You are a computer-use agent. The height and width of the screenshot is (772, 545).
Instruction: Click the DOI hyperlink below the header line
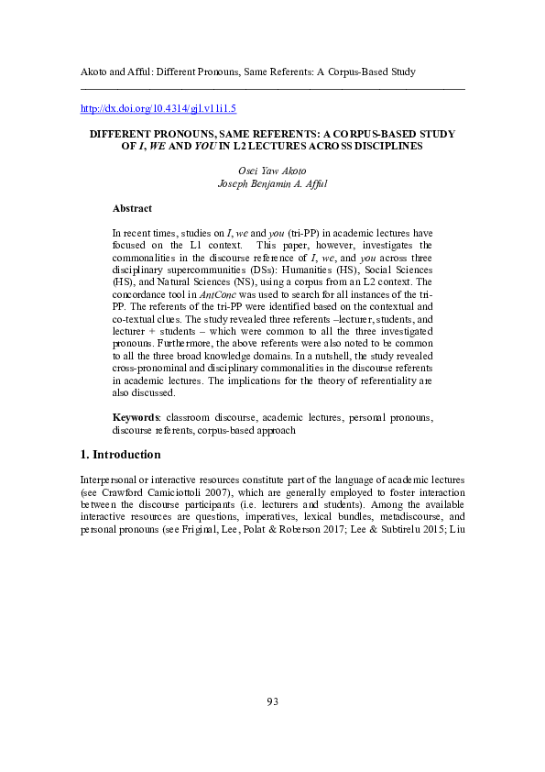[x=158, y=108]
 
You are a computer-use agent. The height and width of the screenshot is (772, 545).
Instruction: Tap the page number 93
[x=272, y=701]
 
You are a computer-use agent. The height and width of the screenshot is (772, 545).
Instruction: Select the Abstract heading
[x=132, y=209]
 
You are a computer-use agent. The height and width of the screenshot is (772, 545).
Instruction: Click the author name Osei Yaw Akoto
[x=271, y=170]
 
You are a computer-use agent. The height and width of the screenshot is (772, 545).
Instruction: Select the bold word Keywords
[x=136, y=417]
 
